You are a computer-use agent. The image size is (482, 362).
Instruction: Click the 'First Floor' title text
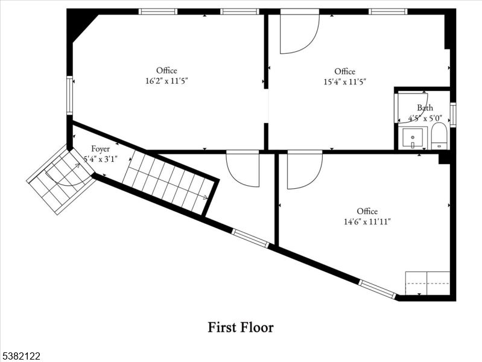241,328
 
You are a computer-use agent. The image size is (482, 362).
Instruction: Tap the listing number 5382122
21,357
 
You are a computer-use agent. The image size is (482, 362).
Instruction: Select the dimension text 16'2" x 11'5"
166,81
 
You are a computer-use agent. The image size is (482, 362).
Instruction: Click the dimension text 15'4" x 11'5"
344,81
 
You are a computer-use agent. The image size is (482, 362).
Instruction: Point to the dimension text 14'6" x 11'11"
367,221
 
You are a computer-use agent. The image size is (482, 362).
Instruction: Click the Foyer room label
100,149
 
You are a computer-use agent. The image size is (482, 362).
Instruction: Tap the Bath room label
425,108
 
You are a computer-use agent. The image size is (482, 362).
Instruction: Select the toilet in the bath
439,136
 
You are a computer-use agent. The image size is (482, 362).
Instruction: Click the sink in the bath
414,138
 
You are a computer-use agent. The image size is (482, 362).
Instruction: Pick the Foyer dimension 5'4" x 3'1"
100,159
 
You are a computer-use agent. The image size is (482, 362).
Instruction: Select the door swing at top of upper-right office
299,31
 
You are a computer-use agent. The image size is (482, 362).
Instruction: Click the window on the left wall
70,95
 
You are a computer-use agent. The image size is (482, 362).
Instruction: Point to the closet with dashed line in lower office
427,283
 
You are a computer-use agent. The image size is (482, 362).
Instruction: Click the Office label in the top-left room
166,71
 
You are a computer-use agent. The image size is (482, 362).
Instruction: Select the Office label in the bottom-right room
367,211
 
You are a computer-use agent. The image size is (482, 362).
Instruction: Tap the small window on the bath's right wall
452,115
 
